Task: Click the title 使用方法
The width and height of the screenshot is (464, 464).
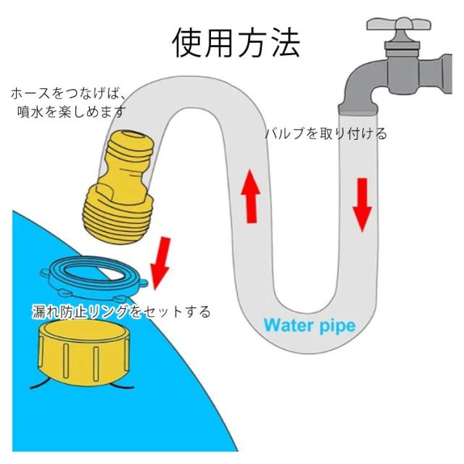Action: click(236, 43)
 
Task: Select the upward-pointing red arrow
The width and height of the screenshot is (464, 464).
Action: click(251, 196)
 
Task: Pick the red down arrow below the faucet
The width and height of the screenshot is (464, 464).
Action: click(362, 204)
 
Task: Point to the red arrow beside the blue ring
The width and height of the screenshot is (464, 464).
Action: click(161, 262)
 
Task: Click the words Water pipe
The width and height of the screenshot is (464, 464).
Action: click(310, 326)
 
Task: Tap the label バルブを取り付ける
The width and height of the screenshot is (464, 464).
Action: click(326, 133)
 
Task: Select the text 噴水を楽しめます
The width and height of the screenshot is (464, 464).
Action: click(72, 112)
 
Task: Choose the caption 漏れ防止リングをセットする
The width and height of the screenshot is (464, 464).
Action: click(121, 311)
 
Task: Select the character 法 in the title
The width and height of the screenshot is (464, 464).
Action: click(286, 43)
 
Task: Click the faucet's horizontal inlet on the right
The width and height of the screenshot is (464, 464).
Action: click(444, 74)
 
